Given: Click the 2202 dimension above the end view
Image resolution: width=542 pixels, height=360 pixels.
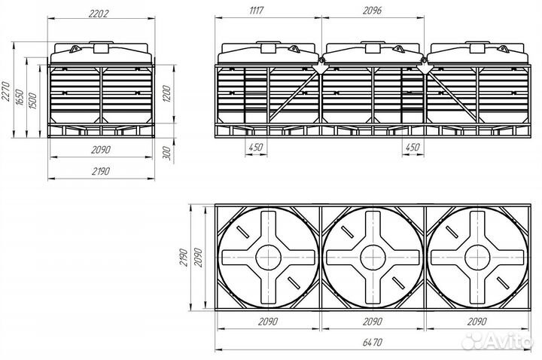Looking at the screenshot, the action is tap(99, 14).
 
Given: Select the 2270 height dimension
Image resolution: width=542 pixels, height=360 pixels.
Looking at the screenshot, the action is tap(6, 91).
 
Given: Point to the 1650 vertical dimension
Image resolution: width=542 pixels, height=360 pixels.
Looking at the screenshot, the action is tap(20, 97).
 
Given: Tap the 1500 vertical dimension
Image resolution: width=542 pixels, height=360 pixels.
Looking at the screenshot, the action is tap(33, 101).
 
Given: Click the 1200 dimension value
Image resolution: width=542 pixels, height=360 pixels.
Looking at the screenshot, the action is tap(166, 93).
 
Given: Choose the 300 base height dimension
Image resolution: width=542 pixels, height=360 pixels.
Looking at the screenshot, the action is tap(166, 153).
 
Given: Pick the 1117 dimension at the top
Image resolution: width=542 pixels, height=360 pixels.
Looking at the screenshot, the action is tap(257, 11).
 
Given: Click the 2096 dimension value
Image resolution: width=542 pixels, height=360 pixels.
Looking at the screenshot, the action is tap(373, 11).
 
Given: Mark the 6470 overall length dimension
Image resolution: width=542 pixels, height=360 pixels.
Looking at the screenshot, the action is tap(373, 342).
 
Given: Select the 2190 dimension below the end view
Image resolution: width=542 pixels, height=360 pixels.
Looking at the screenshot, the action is tap(101, 171).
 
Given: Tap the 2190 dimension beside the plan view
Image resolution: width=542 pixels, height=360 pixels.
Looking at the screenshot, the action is tap(184, 258).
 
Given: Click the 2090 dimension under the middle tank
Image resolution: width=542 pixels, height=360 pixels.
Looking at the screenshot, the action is tap(373, 322).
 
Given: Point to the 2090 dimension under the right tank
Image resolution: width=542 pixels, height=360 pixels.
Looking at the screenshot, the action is tap(477, 322).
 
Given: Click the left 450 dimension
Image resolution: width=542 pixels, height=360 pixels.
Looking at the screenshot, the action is tap(256, 147).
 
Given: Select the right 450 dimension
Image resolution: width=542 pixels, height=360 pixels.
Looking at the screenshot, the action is tap(413, 147).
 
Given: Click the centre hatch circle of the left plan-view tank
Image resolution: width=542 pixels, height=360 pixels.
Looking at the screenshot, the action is tap(268, 258).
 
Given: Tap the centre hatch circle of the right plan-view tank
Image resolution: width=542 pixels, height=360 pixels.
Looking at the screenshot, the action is tap(477, 258).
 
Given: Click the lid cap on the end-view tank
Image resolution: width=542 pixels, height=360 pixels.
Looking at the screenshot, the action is tap(102, 47).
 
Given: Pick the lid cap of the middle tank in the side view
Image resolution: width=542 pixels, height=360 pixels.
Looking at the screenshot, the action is tap(373, 47).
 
